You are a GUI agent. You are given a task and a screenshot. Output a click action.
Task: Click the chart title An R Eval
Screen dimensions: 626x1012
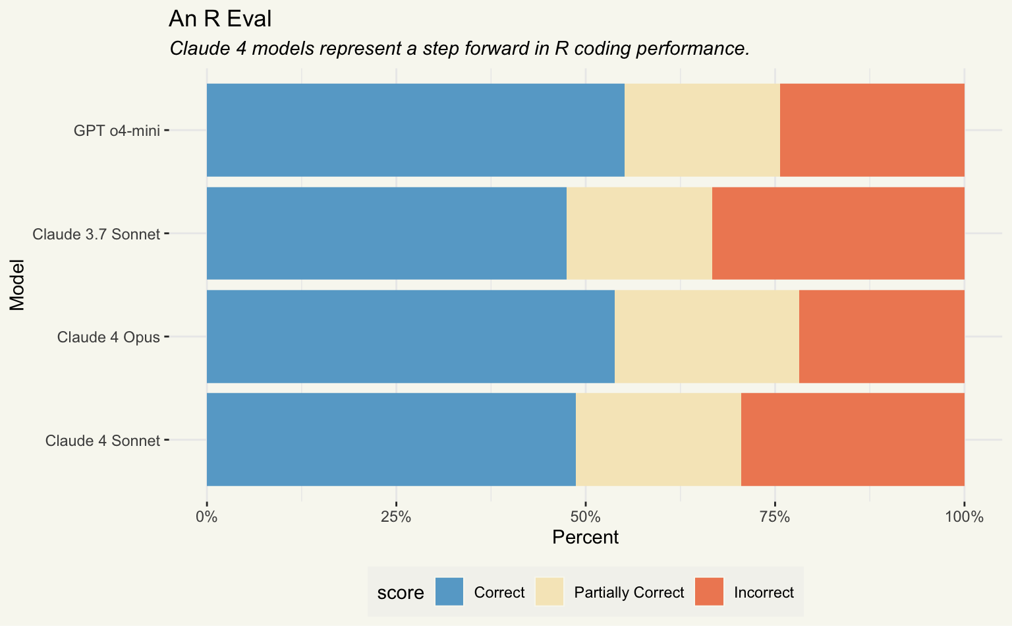220,19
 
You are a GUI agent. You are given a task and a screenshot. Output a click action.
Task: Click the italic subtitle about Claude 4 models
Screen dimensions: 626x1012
459,49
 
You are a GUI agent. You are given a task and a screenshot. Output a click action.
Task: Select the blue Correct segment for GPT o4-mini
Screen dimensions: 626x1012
415,130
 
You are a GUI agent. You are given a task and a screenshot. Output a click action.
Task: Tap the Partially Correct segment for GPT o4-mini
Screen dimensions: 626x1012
702,130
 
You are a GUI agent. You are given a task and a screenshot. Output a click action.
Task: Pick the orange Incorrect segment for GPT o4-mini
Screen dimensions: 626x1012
872,130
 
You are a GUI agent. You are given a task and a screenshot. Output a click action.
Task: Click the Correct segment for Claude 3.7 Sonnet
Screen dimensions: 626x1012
386,234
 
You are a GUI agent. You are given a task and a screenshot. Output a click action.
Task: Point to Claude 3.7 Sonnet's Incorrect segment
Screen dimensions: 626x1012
838,234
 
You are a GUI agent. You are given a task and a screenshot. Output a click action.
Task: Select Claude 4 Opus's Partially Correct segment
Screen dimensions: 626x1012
706,336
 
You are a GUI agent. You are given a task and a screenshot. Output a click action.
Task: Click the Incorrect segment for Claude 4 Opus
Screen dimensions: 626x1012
882,336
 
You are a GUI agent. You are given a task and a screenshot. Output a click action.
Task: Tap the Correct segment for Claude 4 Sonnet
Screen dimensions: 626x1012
391,440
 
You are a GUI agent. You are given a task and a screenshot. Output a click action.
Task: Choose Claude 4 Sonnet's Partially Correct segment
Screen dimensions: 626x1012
658,440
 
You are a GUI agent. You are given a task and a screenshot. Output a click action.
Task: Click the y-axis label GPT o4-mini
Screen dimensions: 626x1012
117,131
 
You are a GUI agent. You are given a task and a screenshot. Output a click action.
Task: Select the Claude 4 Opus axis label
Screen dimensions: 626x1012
108,337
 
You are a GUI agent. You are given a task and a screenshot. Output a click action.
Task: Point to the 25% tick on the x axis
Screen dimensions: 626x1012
396,516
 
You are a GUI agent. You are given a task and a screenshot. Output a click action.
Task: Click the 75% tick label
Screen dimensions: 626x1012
775,516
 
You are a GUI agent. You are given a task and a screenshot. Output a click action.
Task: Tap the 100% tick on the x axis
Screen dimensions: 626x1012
964,516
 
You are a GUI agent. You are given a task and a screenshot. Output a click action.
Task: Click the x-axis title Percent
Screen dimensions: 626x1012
585,538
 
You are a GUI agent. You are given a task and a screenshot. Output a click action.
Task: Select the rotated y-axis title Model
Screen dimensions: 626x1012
16,285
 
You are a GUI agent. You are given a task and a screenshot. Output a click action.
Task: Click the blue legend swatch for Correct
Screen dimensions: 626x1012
449,592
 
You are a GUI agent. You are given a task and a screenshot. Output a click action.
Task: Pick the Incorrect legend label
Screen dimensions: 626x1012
764,592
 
